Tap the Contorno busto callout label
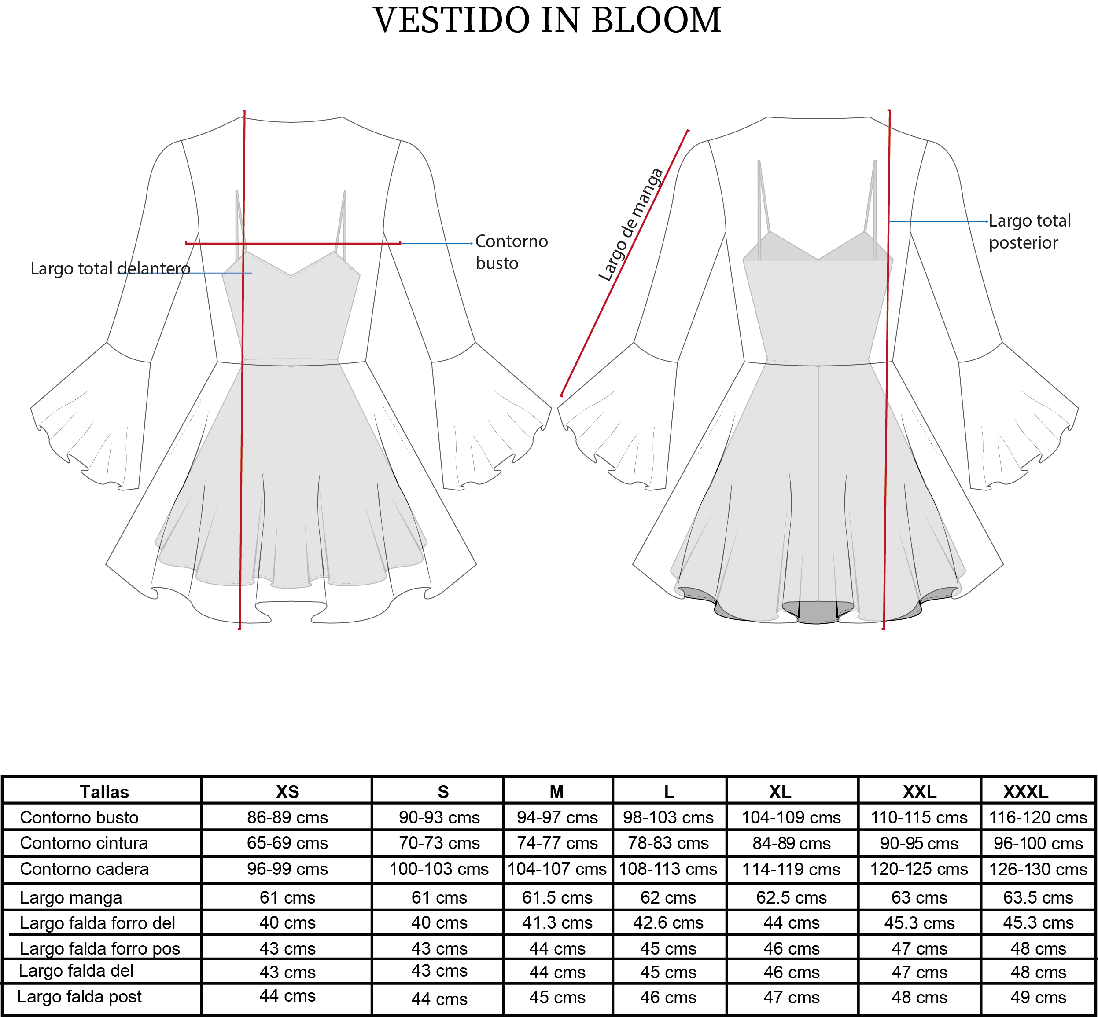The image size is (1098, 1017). tap(511, 252)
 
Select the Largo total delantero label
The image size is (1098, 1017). tap(110, 269)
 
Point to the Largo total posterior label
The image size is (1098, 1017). tap(1030, 232)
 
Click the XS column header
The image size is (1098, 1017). tap(287, 792)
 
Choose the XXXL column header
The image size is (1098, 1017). tap(1026, 792)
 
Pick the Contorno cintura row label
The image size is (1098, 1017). tap(84, 843)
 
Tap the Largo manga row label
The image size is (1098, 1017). tap(71, 898)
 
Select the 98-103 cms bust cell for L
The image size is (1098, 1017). tap(668, 818)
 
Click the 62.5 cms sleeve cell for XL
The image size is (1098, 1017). tap(791, 898)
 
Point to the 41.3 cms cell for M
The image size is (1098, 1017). tap(557, 923)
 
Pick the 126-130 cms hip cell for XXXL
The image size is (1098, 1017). tap(1038, 870)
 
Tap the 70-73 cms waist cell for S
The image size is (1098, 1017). tap(439, 843)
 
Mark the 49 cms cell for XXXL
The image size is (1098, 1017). tap(1038, 997)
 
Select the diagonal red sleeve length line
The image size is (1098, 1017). tap(624, 263)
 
